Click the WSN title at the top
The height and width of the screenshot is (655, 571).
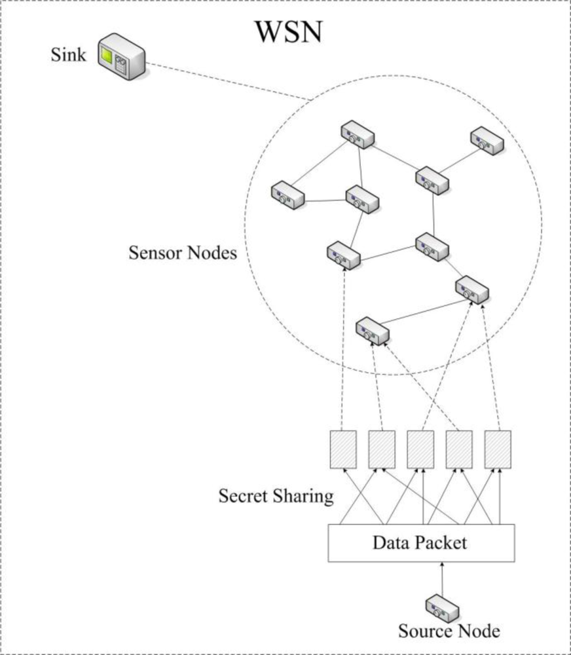289,32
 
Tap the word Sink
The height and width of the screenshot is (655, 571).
68,55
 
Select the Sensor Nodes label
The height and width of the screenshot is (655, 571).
182,253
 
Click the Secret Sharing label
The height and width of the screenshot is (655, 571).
276,496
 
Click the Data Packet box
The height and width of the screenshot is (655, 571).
421,543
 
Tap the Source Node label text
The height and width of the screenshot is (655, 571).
449,631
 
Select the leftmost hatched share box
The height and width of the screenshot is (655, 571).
343,449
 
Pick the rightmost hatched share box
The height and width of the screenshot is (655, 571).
498,449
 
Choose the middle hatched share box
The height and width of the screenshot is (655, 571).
420,449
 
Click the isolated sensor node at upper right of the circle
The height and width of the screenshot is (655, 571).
487,140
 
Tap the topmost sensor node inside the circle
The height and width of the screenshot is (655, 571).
358,135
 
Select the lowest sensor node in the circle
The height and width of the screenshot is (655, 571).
372,330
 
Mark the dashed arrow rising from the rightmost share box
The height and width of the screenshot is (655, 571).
492,367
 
